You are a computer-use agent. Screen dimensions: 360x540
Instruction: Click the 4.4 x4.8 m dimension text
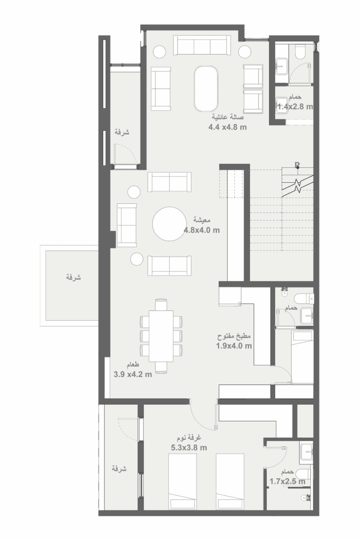pos(227,127)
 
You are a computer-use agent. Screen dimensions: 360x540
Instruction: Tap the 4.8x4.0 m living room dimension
pos(202,230)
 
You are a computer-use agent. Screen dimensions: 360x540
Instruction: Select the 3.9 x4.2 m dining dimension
pos(133,374)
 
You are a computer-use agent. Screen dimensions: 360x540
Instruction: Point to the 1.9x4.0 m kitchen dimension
pos(234,346)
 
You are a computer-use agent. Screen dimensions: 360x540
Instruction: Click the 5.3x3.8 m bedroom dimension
pos(189,448)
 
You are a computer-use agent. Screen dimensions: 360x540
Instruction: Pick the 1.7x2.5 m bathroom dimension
pos(287,481)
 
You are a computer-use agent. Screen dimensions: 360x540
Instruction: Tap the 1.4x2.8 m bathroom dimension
pos(295,106)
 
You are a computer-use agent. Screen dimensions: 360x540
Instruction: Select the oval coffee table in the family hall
pos(206,89)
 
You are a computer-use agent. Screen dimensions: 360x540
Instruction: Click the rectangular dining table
pos(161,336)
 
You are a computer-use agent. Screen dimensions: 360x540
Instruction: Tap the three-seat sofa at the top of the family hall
pos(202,45)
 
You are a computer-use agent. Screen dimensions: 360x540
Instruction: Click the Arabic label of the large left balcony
pos(73,277)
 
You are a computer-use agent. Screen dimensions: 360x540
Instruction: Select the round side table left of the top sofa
pos(159,51)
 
